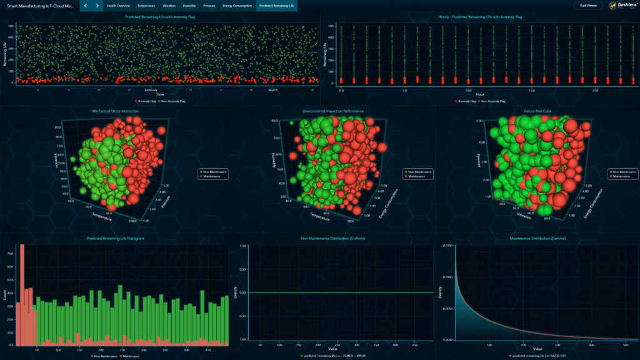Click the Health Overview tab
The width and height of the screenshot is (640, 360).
pos(118,6)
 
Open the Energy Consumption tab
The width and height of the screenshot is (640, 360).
pos(237,6)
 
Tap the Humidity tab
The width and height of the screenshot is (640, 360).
pos(189,6)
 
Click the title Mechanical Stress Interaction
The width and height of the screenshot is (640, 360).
pos(115,111)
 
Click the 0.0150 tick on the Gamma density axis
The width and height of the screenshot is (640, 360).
pos(447,246)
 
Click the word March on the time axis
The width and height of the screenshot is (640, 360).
pos(273,90)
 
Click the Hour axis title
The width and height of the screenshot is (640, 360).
pos(479,95)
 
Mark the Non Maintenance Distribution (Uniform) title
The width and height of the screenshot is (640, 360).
pos(332,238)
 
